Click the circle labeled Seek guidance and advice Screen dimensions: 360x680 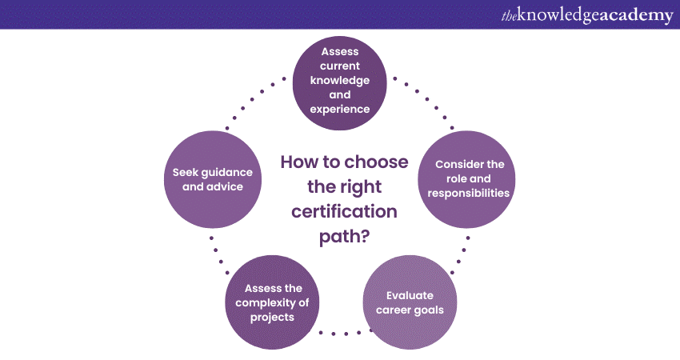tap(213, 179)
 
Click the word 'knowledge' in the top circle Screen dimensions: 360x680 tap(345, 80)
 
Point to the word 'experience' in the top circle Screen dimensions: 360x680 tap(345, 109)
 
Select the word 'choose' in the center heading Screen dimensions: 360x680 tap(375, 162)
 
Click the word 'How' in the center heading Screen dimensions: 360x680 tap(299, 162)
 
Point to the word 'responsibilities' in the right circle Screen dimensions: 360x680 tap(469, 193)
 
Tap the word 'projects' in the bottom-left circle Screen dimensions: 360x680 tap(272, 316)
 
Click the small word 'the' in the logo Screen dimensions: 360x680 tap(510, 16)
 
